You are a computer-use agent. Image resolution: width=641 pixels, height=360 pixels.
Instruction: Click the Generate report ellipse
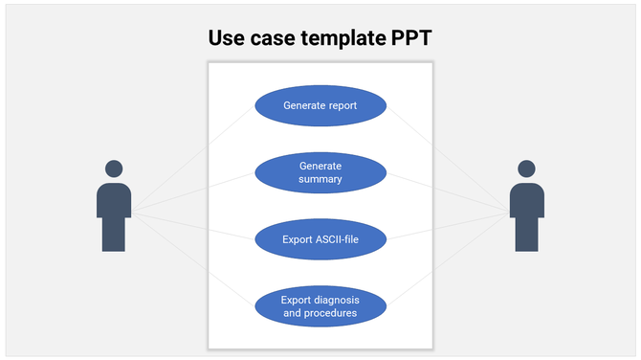[x=320, y=105]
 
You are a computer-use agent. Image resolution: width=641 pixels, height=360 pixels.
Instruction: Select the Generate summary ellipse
[x=320, y=172]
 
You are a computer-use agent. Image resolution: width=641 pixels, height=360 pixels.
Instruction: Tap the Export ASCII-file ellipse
[x=320, y=239]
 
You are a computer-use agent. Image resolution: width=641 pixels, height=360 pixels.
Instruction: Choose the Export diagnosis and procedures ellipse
[x=320, y=306]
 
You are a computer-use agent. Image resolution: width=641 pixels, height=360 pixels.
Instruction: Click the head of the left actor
[x=114, y=169]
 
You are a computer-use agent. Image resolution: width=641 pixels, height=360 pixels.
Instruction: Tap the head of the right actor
[x=526, y=169]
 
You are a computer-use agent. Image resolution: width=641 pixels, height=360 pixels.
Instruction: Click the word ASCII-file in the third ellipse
[x=336, y=239]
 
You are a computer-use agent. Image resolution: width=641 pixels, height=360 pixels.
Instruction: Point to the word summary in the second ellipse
[x=320, y=179]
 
